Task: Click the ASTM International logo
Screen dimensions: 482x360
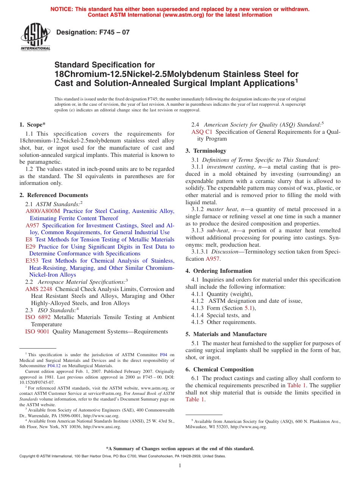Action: pyautogui.click(x=35, y=37)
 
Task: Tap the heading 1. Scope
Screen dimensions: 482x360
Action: pyautogui.click(x=33, y=125)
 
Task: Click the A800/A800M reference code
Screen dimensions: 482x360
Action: pyautogui.click(x=43, y=211)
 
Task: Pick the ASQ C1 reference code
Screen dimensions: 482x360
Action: pyautogui.click(x=202, y=132)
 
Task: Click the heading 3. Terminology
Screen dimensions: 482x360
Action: pyautogui.click(x=206, y=151)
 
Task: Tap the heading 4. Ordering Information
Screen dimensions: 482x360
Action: pyautogui.click(x=219, y=271)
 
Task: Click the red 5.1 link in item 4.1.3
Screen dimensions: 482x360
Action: pyautogui.click(x=249, y=308)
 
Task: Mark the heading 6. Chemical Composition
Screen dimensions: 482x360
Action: pyautogui.click(x=219, y=369)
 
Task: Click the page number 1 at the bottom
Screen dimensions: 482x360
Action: pyautogui.click(x=180, y=466)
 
